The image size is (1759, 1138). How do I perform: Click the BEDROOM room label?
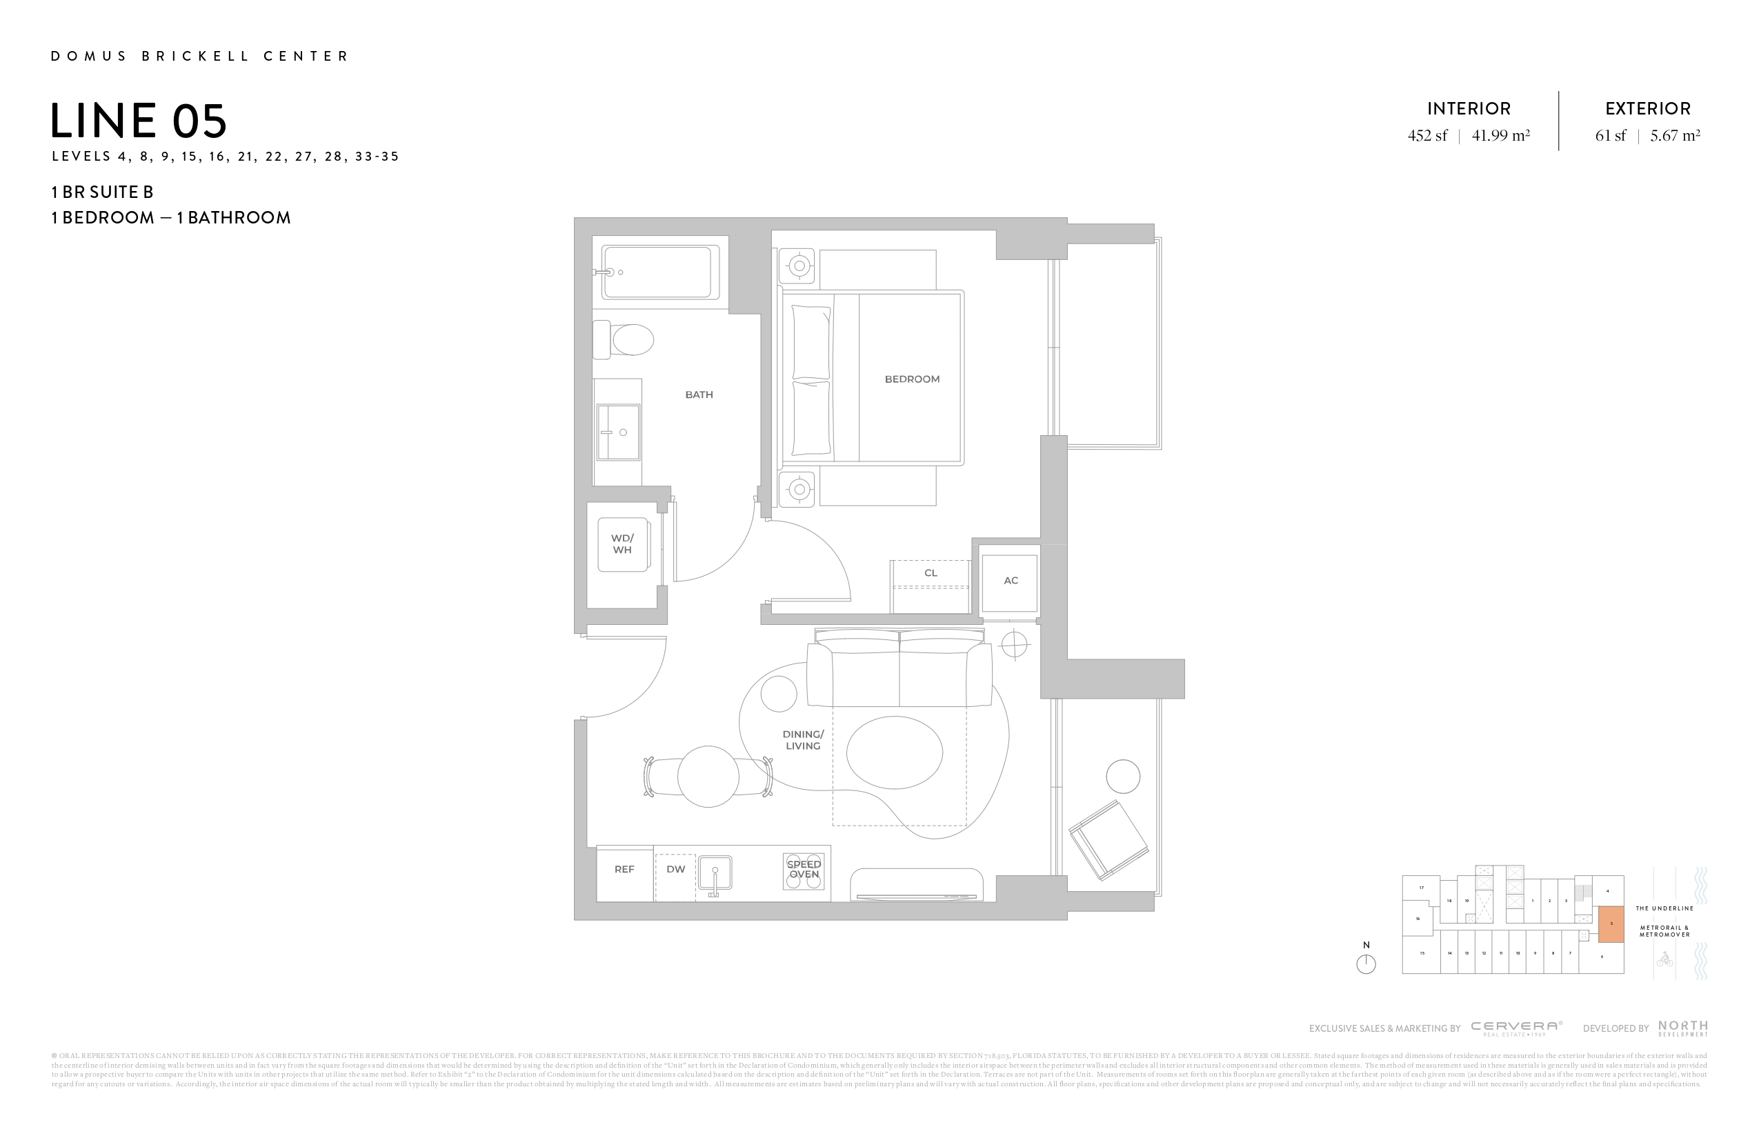tap(912, 379)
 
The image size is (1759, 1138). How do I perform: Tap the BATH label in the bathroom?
tap(698, 395)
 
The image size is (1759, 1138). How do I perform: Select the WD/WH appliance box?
tap(623, 545)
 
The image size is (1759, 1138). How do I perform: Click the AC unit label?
tap(1011, 581)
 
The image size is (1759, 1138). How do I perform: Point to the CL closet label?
tap(931, 573)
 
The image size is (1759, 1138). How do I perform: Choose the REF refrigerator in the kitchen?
tap(624, 870)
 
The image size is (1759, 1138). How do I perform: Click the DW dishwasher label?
tap(675, 870)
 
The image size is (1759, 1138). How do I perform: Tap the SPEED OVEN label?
tap(804, 870)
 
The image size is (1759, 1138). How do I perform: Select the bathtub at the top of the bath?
tap(660, 272)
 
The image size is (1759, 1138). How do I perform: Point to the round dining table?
tap(708, 776)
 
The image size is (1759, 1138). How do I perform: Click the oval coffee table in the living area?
tap(894, 753)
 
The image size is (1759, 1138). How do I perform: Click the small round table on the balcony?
tap(1123, 777)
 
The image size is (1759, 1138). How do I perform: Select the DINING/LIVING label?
tap(804, 739)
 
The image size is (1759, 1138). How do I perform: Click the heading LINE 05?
tap(139, 121)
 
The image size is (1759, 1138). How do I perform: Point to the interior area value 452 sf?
tap(1427, 136)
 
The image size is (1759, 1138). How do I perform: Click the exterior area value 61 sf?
tap(1611, 136)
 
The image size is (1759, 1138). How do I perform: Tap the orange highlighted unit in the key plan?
tap(1611, 924)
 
